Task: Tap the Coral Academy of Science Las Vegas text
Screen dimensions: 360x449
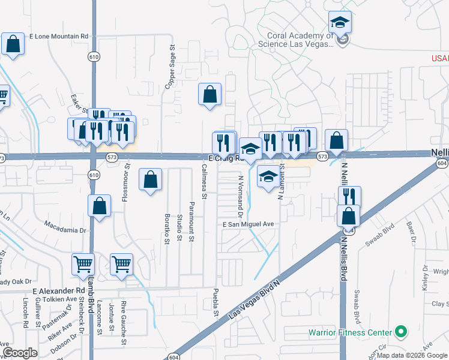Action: point(296,40)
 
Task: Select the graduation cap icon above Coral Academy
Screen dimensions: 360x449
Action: point(340,23)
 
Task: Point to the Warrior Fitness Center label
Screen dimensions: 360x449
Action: point(350,332)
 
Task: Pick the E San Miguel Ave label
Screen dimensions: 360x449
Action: point(248,224)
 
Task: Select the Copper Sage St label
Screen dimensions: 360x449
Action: point(171,62)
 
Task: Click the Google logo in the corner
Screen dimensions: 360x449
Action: point(20,353)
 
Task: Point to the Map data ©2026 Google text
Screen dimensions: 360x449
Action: point(411,355)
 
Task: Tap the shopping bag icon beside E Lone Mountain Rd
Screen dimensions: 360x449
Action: point(13,44)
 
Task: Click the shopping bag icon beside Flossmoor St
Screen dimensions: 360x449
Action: point(150,179)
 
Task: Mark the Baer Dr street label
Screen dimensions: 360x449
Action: point(411,233)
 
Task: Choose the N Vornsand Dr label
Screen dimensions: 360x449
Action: point(240,196)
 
